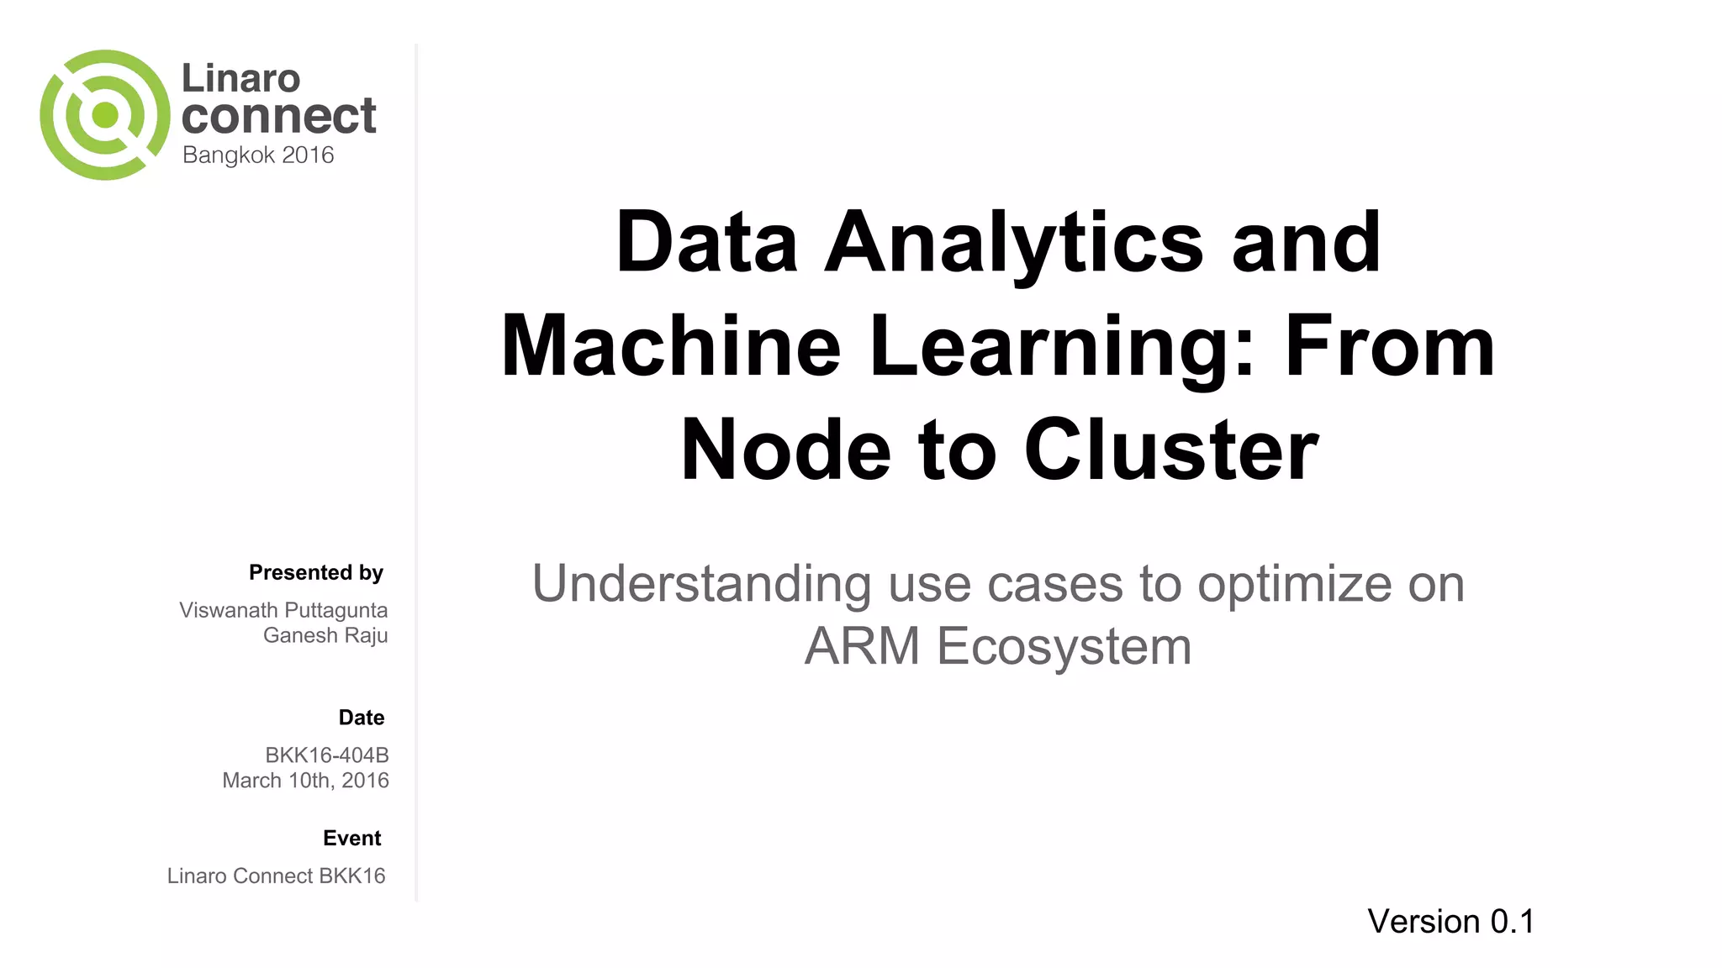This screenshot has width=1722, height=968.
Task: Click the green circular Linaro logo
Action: pos(104,115)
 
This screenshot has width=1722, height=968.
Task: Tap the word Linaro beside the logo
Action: pos(240,79)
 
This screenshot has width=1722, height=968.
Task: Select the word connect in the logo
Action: pos(278,116)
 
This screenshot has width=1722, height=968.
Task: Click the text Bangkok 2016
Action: pos(258,155)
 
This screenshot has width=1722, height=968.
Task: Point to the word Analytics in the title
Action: pos(1013,244)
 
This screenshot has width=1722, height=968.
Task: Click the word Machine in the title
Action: pos(671,346)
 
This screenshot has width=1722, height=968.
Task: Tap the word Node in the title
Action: pos(785,450)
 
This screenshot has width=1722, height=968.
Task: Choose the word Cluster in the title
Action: pos(1171,450)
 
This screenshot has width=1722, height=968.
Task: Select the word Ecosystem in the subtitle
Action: pos(1064,646)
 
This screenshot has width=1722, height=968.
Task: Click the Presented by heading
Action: pos(316,573)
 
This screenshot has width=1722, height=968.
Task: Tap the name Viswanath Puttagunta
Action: pos(283,610)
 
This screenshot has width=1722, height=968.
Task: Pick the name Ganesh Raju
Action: pos(325,635)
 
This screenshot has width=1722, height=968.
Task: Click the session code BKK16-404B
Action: pos(327,755)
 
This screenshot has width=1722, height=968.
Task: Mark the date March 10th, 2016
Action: pos(305,781)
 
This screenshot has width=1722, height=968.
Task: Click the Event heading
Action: pos(352,838)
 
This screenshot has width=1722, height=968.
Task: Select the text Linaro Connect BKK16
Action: pos(276,876)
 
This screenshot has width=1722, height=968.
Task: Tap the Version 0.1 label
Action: pos(1450,922)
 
